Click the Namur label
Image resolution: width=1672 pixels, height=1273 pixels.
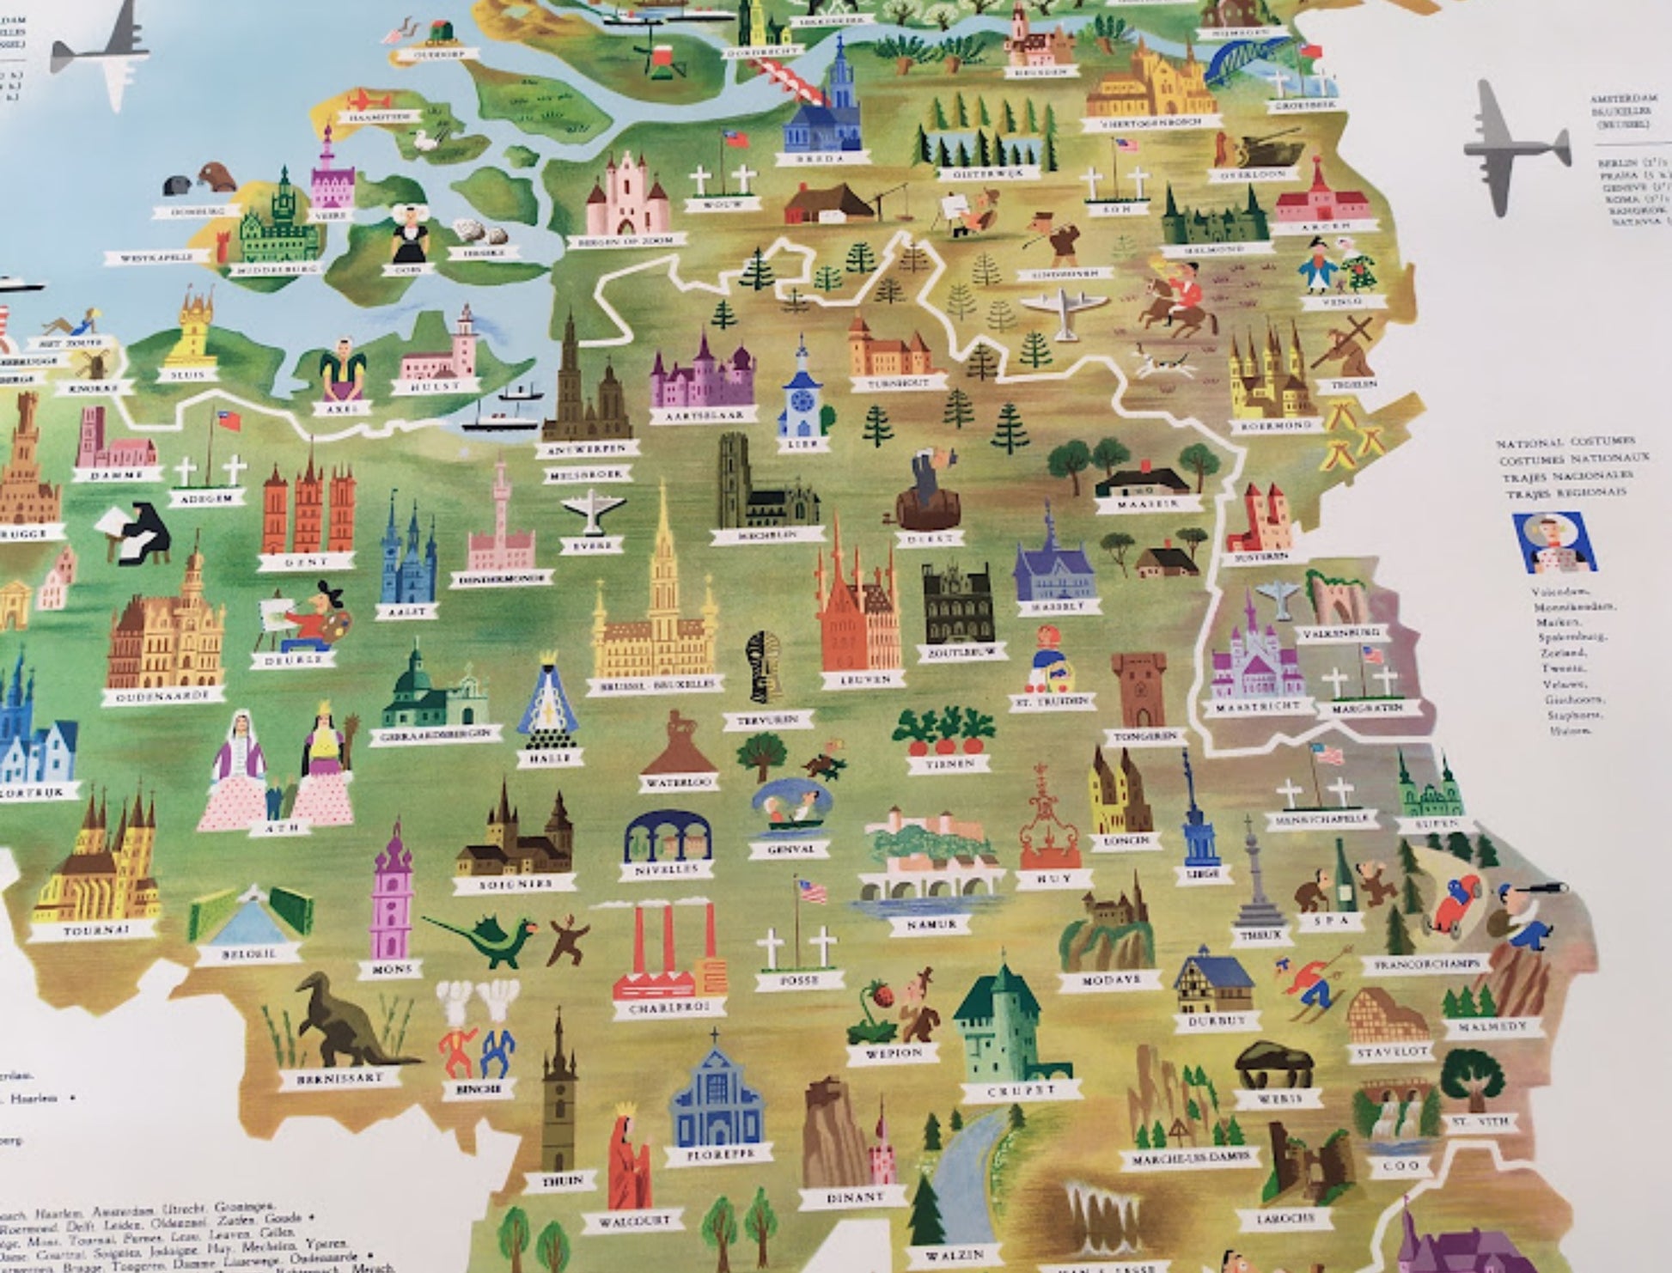(931, 924)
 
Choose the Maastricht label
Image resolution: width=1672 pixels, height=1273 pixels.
(1258, 709)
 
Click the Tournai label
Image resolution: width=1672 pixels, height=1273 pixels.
(96, 930)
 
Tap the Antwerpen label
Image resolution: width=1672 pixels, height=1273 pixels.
(590, 449)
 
